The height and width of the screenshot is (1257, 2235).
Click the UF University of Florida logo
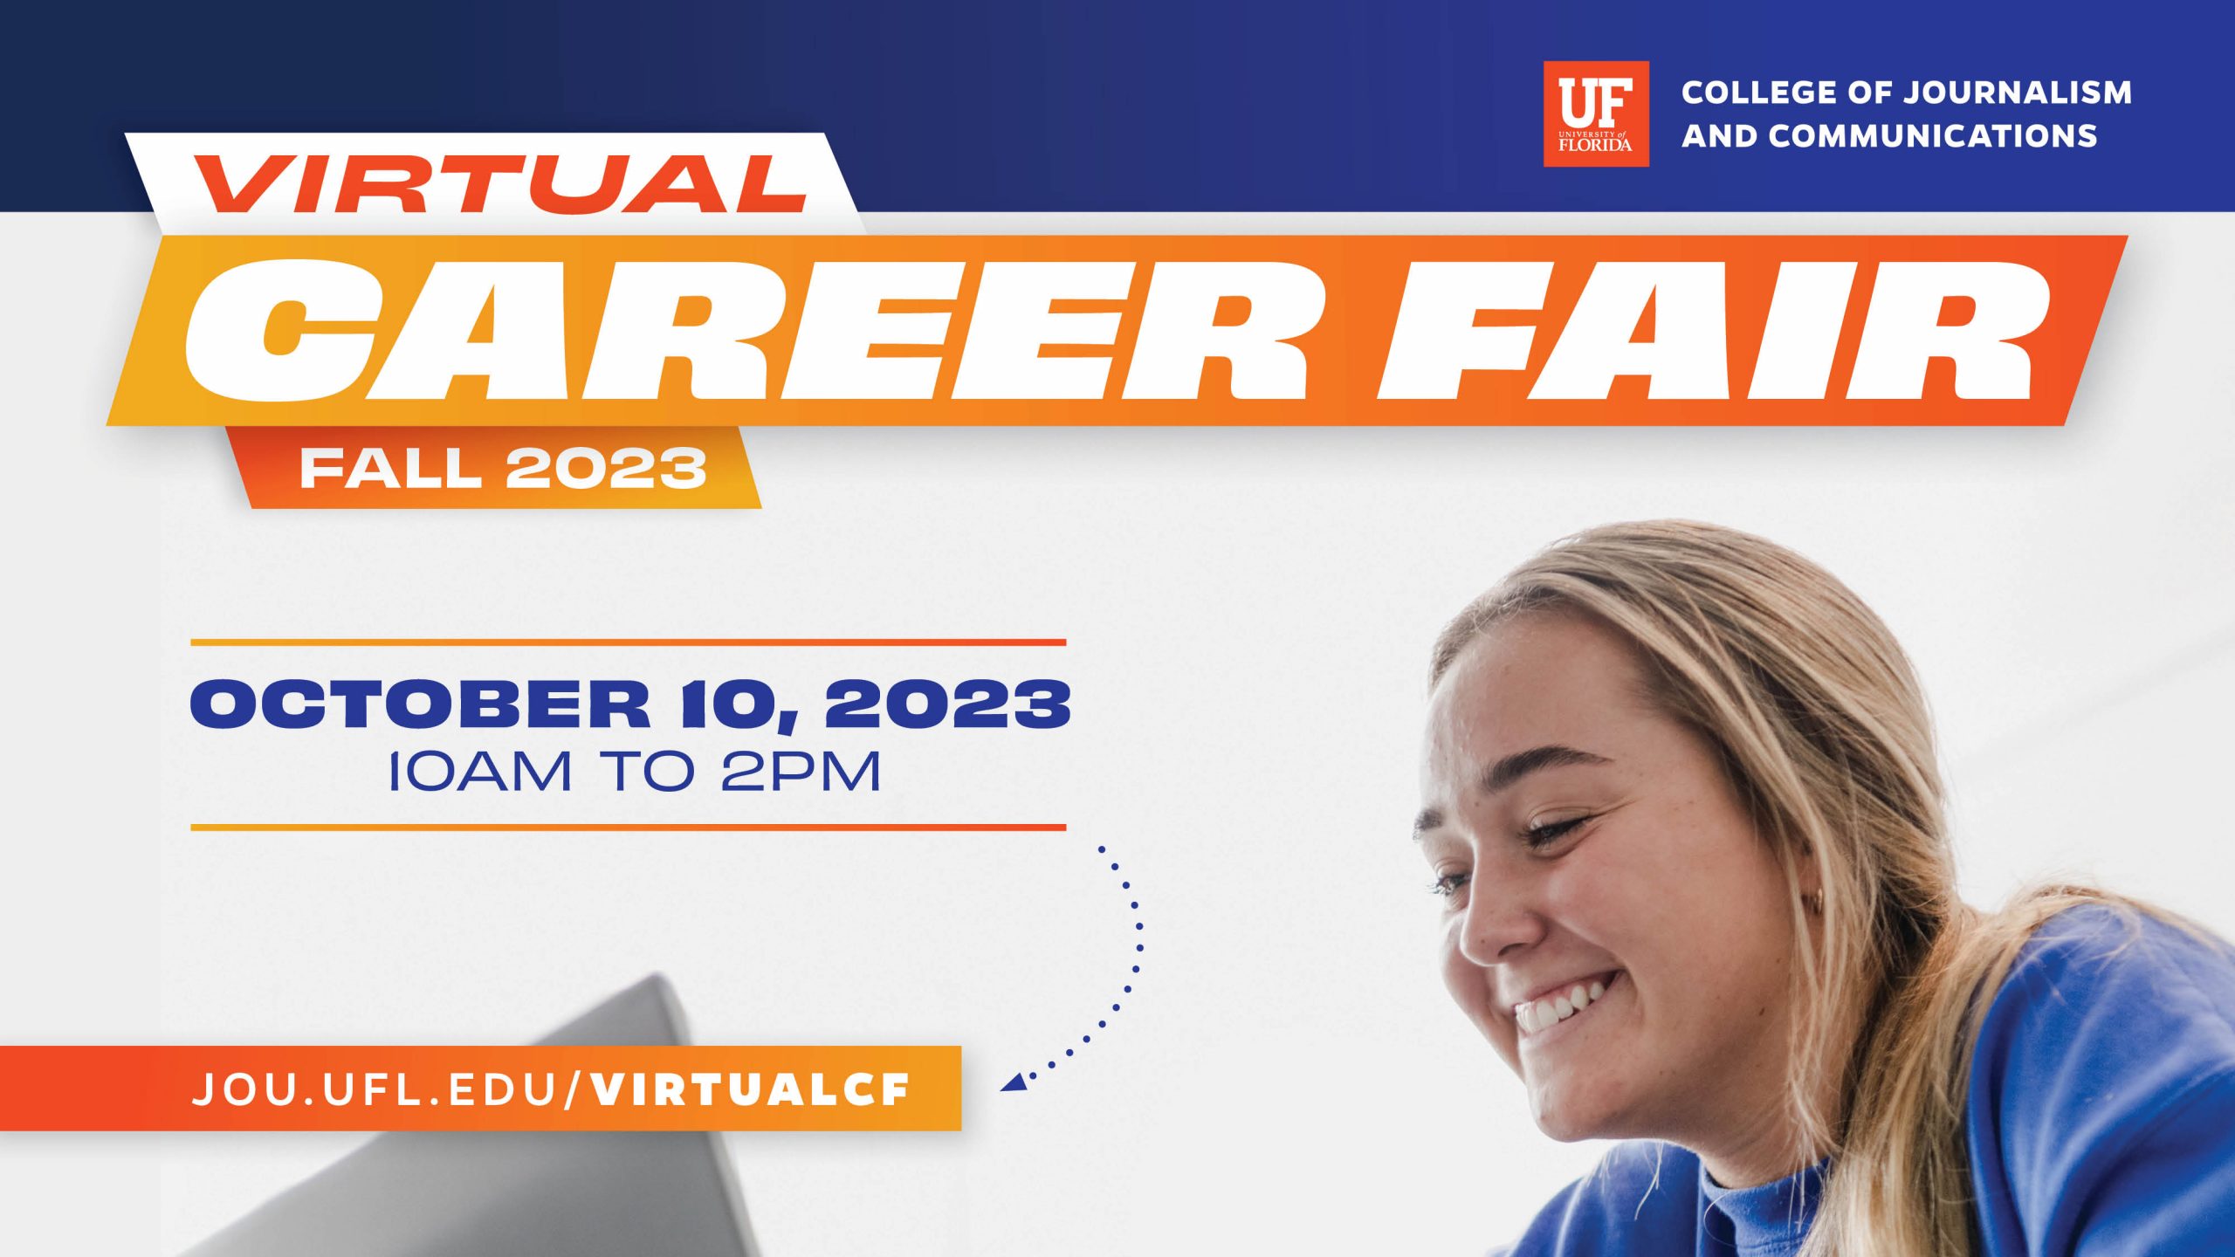tap(1596, 113)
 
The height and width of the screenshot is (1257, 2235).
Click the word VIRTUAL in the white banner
tap(500, 184)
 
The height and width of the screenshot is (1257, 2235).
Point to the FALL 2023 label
tap(503, 469)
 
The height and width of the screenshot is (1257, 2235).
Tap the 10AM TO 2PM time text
tap(634, 772)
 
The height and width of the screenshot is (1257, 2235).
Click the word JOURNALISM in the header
tap(2018, 93)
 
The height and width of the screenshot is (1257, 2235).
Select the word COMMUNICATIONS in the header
tap(1934, 136)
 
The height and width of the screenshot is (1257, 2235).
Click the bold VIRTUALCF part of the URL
tap(750, 1089)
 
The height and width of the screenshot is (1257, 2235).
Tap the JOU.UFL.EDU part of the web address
tap(375, 1089)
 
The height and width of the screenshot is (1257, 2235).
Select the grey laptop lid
tap(524, 1135)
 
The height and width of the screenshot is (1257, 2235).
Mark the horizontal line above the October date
tap(629, 642)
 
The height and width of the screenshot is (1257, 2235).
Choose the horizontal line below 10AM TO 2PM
tap(629, 827)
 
